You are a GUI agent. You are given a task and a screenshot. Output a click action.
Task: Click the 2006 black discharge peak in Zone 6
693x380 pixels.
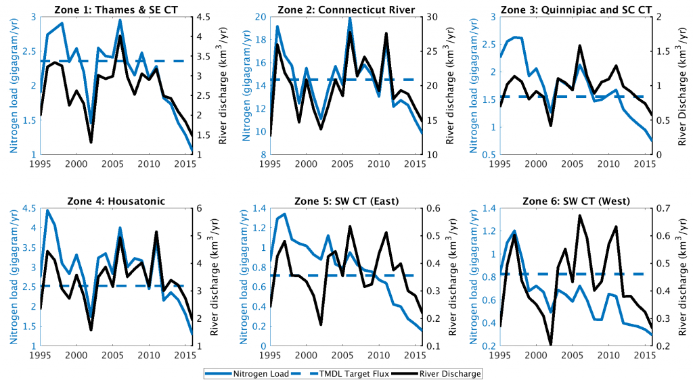579,216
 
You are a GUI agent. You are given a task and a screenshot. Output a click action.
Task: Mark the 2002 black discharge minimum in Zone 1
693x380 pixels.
91,142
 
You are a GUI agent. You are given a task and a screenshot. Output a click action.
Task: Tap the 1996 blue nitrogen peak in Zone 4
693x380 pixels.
47,210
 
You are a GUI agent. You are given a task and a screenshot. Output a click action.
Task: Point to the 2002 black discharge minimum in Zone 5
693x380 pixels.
321,325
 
